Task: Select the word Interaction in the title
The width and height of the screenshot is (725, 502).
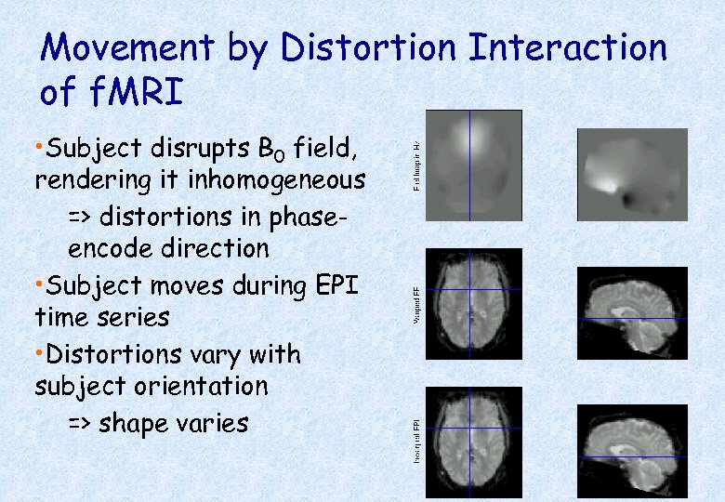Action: (x=568, y=48)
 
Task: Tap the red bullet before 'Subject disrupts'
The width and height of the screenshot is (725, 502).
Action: (x=37, y=148)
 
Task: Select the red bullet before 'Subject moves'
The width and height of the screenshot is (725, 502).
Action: (x=37, y=284)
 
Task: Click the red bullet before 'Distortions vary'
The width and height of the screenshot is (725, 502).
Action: (x=37, y=354)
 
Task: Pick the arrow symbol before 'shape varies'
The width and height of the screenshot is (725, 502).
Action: (x=80, y=424)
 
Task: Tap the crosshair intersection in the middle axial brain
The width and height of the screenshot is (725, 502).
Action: (x=470, y=289)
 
